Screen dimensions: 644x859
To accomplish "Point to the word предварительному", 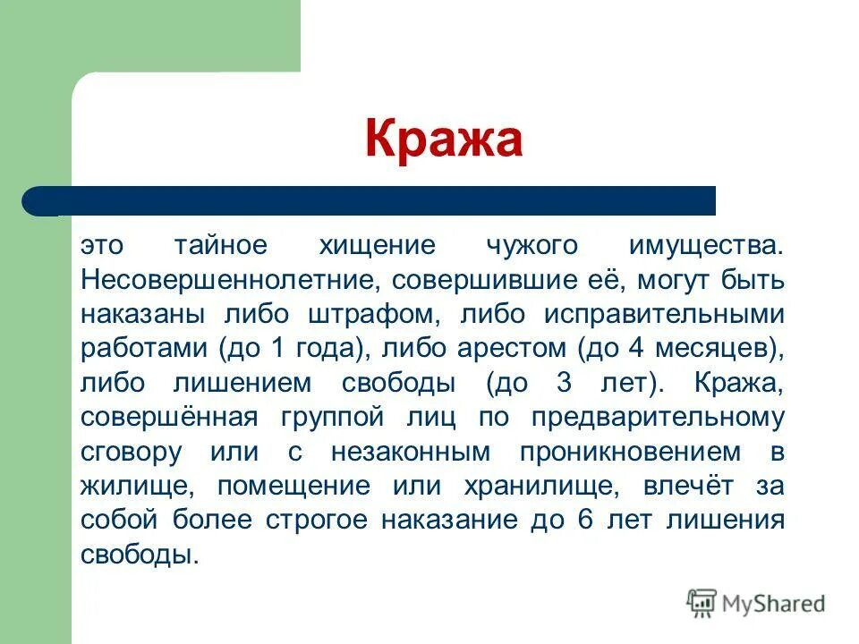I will [x=658, y=419].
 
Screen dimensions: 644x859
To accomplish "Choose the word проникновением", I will [x=617, y=453].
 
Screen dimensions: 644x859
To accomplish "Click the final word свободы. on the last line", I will [x=139, y=555].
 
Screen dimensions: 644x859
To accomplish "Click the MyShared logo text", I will [x=774, y=604].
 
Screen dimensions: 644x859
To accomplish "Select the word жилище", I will [x=132, y=487].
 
